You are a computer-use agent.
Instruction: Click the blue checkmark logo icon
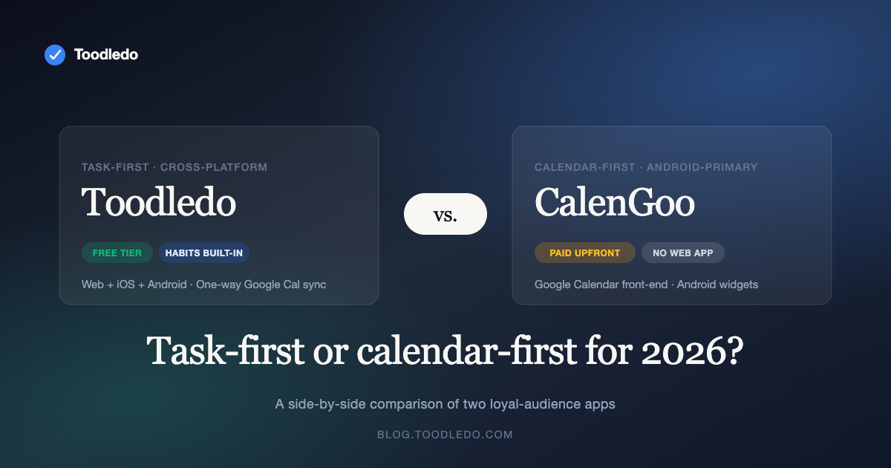pyautogui.click(x=55, y=54)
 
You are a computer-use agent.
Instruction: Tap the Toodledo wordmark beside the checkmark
pyautogui.click(x=105, y=54)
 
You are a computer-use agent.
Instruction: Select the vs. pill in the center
pyautogui.click(x=446, y=214)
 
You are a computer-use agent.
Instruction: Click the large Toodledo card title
pyautogui.click(x=158, y=201)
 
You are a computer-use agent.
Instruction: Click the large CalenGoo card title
pyautogui.click(x=614, y=201)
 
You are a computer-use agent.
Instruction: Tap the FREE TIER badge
pyautogui.click(x=117, y=253)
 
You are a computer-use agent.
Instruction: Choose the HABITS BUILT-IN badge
pyautogui.click(x=204, y=253)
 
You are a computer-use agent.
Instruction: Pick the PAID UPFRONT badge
pyautogui.click(x=584, y=253)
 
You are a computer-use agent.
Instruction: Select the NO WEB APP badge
pyautogui.click(x=682, y=253)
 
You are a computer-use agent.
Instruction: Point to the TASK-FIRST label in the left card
pyautogui.click(x=114, y=167)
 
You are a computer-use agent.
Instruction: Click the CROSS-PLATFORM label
pyautogui.click(x=214, y=167)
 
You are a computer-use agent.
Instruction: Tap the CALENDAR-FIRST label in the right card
pyautogui.click(x=585, y=167)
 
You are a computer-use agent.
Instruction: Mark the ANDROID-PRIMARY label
pyautogui.click(x=702, y=167)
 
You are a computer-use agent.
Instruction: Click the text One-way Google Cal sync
pyautogui.click(x=261, y=285)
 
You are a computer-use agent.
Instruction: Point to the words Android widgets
pyautogui.click(x=717, y=285)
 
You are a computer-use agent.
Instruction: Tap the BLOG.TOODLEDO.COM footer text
pyautogui.click(x=445, y=435)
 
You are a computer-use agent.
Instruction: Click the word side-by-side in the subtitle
pyautogui.click(x=323, y=405)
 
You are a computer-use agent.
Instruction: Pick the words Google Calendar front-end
pyautogui.click(x=601, y=285)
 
